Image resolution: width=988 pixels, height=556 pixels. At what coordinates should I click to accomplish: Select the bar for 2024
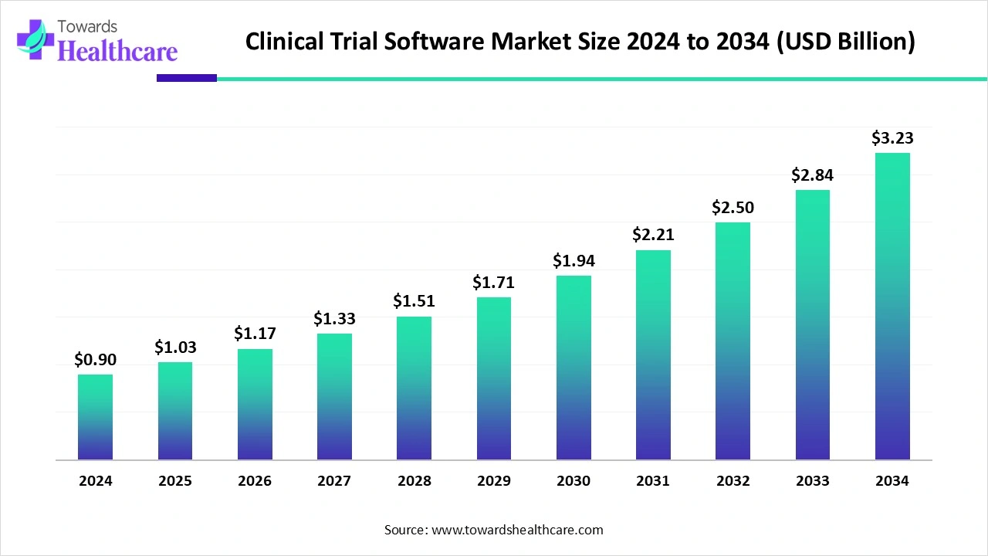tap(95, 417)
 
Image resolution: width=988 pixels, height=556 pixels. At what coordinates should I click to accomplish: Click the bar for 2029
tap(494, 378)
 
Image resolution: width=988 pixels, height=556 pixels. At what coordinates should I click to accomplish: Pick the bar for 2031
tap(653, 355)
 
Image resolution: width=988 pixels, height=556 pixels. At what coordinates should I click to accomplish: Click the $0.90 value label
tap(95, 359)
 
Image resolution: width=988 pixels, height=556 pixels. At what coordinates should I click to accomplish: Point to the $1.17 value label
tap(255, 334)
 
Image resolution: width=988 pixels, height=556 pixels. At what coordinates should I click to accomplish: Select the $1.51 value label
tap(414, 300)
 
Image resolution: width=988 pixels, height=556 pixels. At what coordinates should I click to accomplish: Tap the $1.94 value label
tap(574, 261)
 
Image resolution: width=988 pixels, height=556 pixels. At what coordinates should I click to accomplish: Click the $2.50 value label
tap(733, 207)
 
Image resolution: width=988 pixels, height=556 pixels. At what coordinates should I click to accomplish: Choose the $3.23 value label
tap(892, 137)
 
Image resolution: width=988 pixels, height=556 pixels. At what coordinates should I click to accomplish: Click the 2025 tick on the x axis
tap(175, 481)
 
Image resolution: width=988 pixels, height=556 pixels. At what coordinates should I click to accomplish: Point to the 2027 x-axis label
tap(334, 481)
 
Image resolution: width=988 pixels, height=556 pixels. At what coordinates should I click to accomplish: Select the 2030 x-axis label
tap(574, 481)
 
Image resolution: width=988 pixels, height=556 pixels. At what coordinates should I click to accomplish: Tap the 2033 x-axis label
tap(813, 481)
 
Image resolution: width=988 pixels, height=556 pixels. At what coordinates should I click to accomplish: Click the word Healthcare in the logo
tap(117, 51)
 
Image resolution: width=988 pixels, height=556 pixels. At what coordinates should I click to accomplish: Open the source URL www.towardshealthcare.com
tap(516, 530)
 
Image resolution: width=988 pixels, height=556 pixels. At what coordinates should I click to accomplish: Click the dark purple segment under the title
tap(186, 78)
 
